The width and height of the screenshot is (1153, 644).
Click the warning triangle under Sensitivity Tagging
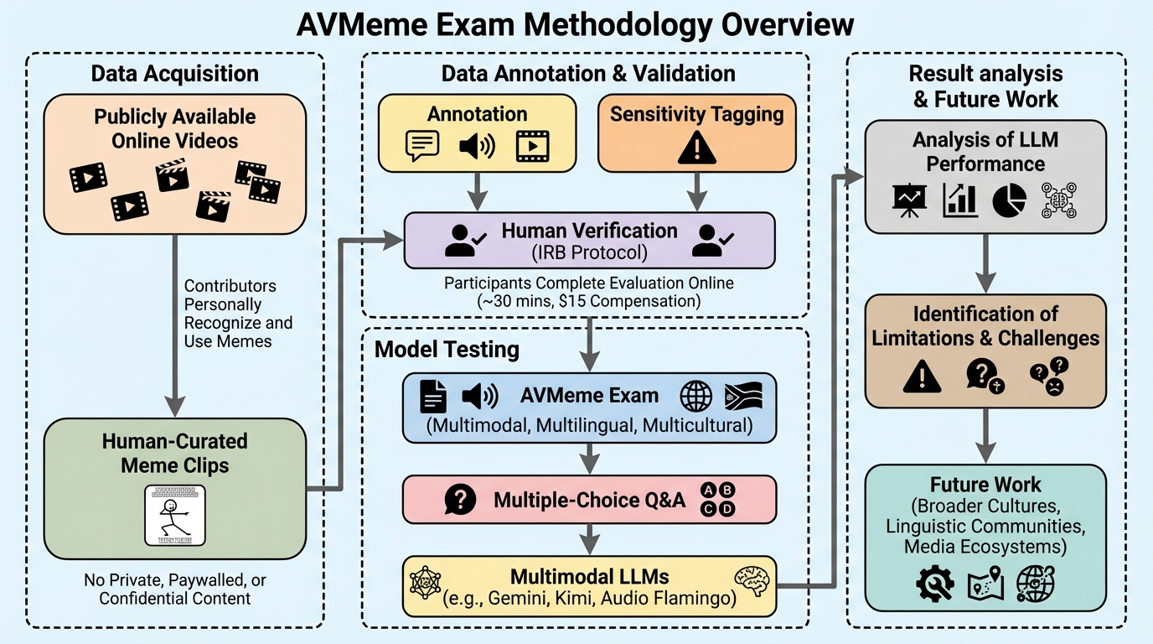[x=695, y=148]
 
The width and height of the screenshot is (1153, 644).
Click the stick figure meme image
[x=175, y=516]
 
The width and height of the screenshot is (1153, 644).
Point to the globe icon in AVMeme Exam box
[x=696, y=395]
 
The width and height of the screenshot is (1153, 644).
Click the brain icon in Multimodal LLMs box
[x=751, y=579]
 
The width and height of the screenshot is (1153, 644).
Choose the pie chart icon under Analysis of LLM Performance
[x=1010, y=199]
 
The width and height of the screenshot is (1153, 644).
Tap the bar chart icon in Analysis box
[x=959, y=199]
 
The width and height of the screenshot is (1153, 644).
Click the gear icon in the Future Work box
[x=935, y=584]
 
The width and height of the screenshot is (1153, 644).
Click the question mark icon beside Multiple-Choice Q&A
[x=460, y=501]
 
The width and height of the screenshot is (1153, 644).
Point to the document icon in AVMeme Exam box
[x=432, y=396]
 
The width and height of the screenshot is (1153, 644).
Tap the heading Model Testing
[x=447, y=349]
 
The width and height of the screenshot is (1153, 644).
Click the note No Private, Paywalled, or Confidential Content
[x=174, y=589]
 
